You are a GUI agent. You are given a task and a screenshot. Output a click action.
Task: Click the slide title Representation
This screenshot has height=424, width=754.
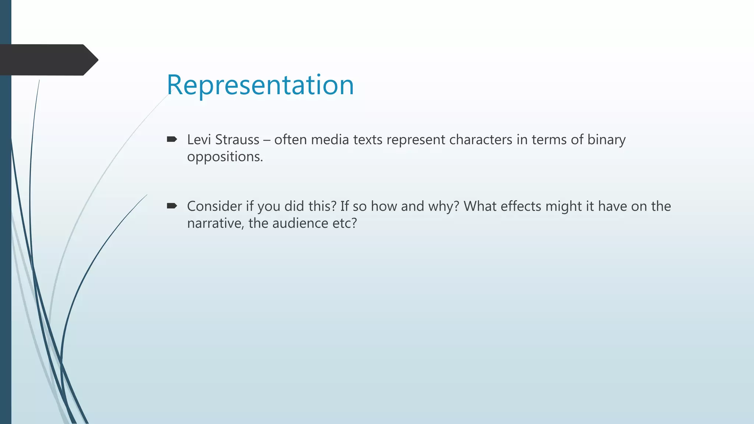click(x=260, y=85)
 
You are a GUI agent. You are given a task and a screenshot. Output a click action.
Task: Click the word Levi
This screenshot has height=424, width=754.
click(x=199, y=140)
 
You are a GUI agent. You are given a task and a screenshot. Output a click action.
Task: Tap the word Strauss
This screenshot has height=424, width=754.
click(x=237, y=140)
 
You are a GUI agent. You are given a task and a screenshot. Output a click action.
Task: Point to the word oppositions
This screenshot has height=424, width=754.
click(x=225, y=157)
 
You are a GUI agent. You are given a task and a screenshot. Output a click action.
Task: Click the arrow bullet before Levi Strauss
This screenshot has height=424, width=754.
click(x=172, y=139)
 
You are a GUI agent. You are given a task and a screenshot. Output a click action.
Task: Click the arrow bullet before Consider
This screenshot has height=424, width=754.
click(x=172, y=206)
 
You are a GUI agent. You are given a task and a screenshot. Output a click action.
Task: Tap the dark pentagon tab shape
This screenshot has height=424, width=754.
click(x=48, y=60)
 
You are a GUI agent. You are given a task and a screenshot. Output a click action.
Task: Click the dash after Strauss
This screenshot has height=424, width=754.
click(x=267, y=140)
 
